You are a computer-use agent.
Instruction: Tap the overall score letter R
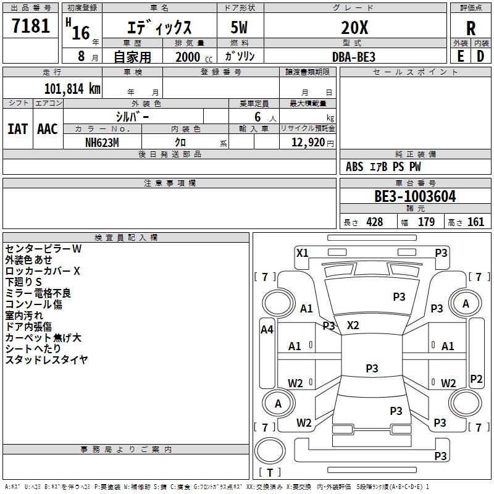(471, 28)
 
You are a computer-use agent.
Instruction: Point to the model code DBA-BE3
(354, 56)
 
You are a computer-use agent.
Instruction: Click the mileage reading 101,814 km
(72, 88)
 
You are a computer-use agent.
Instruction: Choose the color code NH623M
(102, 141)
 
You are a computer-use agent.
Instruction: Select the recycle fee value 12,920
(308, 143)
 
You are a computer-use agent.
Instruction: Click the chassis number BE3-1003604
(415, 197)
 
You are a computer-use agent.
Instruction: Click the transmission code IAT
(18, 129)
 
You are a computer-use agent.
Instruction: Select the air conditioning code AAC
(48, 129)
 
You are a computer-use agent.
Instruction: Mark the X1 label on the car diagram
(302, 253)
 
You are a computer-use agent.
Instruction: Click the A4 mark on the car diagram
(267, 330)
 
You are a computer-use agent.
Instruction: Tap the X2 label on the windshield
(353, 325)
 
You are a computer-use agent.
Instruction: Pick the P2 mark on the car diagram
(476, 379)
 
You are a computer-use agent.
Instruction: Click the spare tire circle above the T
(270, 451)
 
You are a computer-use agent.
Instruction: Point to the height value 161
(476, 222)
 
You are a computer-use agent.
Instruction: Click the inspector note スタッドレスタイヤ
(46, 360)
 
